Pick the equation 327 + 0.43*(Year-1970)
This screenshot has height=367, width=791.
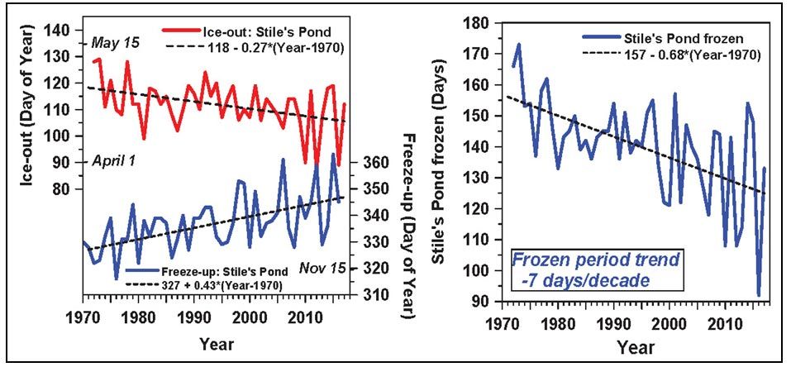[215, 285]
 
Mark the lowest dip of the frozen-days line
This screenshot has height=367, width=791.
[758, 295]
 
